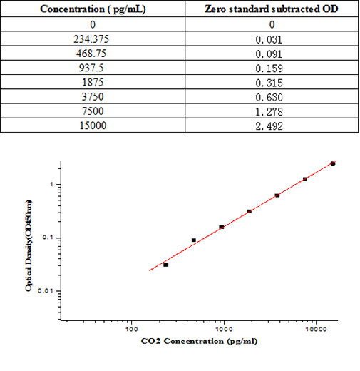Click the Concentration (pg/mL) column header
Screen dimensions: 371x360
93,9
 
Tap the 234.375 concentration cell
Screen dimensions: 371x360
93,39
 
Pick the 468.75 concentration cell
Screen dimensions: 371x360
93,53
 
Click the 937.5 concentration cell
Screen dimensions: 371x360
93,68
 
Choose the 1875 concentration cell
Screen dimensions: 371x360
93,82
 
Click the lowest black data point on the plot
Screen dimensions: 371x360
166,265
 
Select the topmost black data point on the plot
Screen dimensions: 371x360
332,163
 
